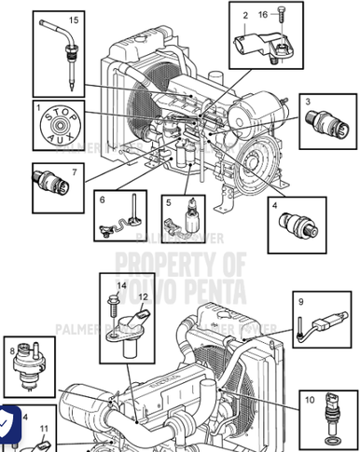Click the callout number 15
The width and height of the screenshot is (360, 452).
click(73, 20)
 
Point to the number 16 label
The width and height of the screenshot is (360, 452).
click(262, 15)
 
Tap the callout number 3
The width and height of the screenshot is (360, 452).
click(308, 102)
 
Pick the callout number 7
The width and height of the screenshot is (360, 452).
click(75, 171)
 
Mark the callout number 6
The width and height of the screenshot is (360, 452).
click(103, 199)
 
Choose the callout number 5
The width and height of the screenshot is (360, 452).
click(167, 201)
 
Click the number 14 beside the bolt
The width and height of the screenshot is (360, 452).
click(120, 284)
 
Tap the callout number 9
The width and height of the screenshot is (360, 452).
click(300, 301)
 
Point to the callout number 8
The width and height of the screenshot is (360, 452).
click(12, 351)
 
